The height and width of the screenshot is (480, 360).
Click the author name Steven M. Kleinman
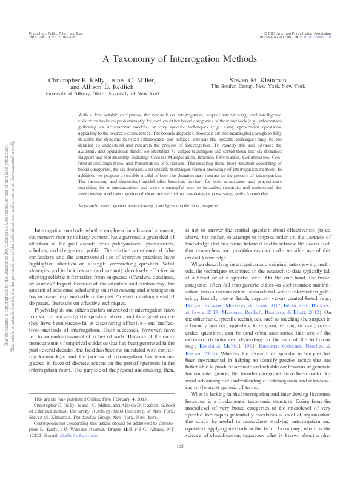point(258,79)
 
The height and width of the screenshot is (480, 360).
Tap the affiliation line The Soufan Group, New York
point(258,87)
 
